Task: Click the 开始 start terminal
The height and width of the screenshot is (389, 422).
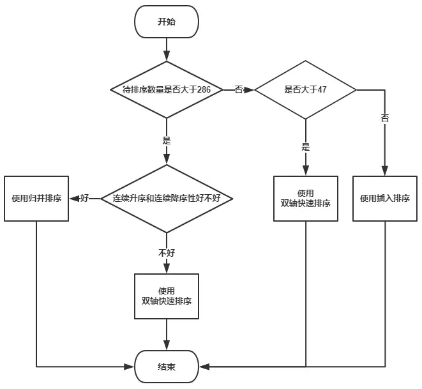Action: click(166, 22)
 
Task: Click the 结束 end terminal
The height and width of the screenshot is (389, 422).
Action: click(166, 367)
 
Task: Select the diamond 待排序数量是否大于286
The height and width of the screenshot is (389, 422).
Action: click(166, 90)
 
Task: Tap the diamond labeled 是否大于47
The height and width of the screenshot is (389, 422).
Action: click(305, 90)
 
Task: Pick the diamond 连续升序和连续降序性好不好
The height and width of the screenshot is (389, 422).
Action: click(166, 199)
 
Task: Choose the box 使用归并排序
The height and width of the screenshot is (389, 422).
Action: click(36, 199)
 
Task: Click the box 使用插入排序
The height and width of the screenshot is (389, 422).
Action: click(384, 199)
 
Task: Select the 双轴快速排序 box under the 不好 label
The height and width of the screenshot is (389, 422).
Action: click(166, 296)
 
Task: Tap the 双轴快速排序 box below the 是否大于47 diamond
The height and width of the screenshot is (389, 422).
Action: click(305, 199)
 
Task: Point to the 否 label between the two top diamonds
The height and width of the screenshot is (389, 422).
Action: click(238, 90)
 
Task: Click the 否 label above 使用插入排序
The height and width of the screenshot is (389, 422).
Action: click(384, 119)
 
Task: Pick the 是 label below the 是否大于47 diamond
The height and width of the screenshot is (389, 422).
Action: click(305, 147)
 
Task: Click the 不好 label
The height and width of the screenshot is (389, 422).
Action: click(166, 253)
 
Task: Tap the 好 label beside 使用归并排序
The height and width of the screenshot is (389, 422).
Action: click(84, 199)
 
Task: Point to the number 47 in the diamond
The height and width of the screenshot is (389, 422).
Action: click(322, 90)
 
